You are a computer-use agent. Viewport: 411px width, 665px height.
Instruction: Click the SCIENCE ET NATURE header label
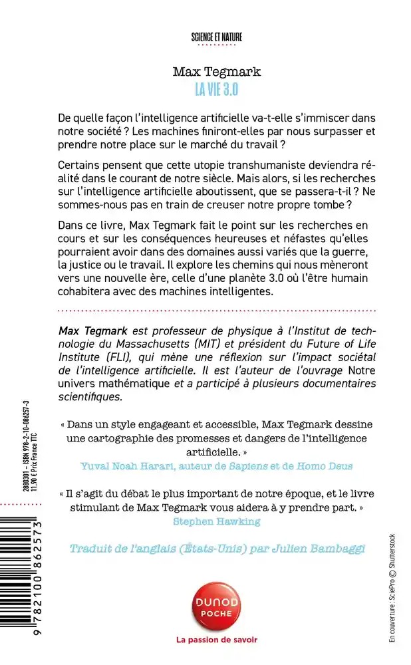click(217, 37)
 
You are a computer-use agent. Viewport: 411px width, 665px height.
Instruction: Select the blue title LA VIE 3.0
click(217, 87)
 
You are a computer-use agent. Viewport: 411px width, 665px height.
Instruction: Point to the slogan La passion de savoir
click(217, 640)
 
